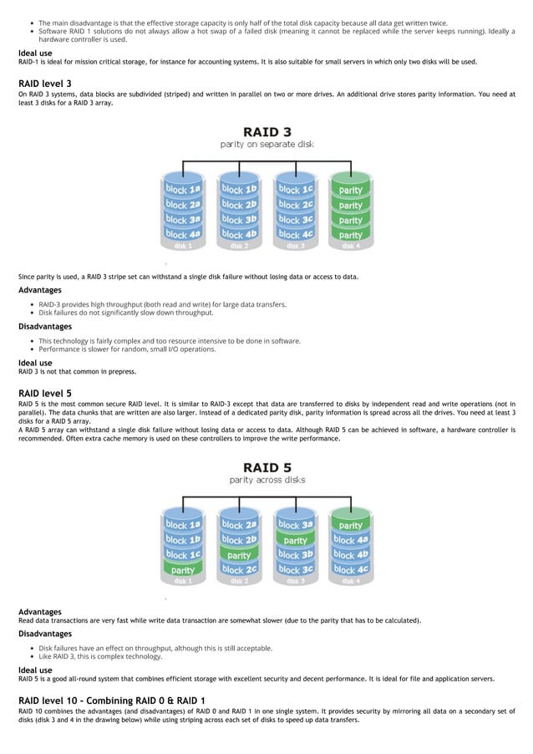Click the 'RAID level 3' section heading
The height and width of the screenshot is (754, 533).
(x=44, y=84)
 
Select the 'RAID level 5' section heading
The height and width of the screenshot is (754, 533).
(x=44, y=392)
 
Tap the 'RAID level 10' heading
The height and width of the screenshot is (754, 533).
(x=111, y=700)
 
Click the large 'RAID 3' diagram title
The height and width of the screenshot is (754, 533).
(x=266, y=132)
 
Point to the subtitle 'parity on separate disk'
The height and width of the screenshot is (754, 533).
(x=266, y=145)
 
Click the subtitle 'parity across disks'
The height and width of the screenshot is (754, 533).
(x=266, y=480)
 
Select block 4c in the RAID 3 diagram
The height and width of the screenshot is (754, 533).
(x=295, y=234)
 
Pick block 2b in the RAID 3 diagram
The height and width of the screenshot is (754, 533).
(x=238, y=205)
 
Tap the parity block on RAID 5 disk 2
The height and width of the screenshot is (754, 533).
(x=239, y=554)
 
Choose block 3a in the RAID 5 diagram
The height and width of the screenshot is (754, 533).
(x=295, y=525)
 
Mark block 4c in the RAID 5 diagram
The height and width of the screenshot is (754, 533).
(x=351, y=569)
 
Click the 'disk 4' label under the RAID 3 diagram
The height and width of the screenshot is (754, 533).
(x=351, y=246)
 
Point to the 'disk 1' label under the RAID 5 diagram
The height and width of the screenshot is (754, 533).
(x=182, y=580)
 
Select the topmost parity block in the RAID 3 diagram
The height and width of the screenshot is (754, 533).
(x=351, y=190)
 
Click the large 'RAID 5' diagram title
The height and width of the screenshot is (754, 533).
(x=266, y=466)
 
